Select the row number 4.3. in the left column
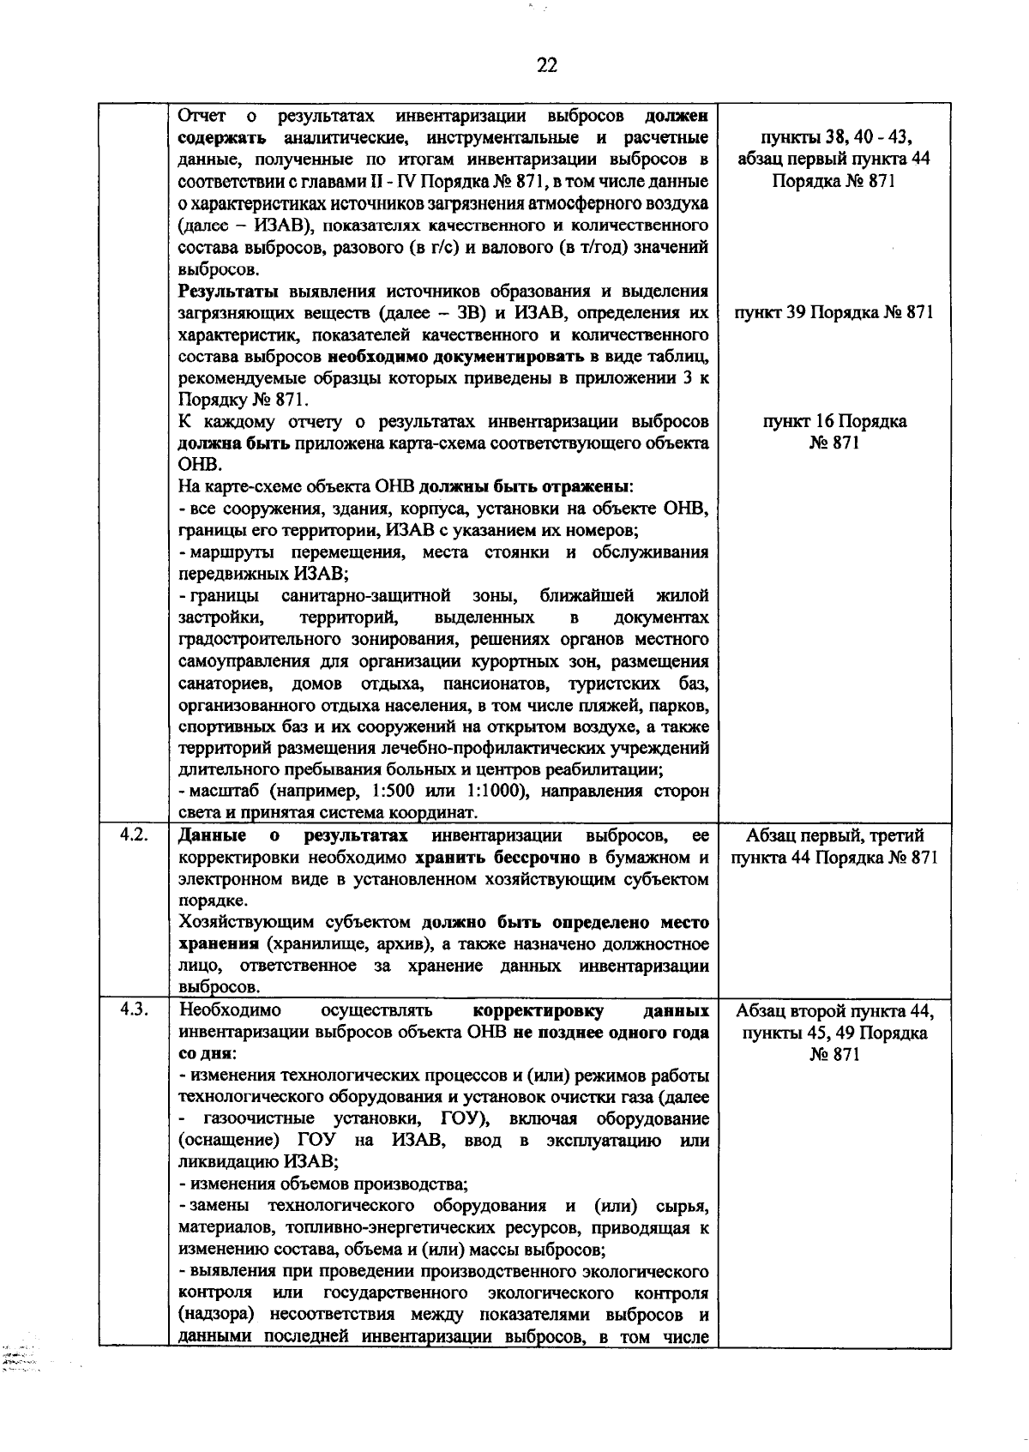click(132, 1010)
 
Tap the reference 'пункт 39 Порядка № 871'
click(833, 312)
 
